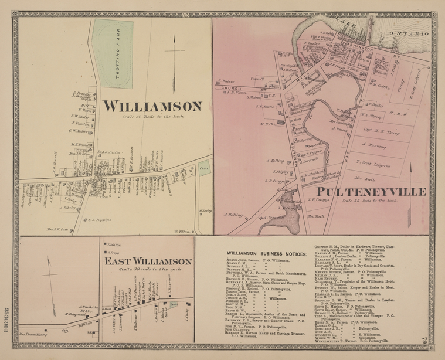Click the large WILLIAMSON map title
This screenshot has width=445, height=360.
[x=152, y=106]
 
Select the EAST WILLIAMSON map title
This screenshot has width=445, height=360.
[x=149, y=261]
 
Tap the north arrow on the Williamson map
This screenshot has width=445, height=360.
[x=174, y=62]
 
